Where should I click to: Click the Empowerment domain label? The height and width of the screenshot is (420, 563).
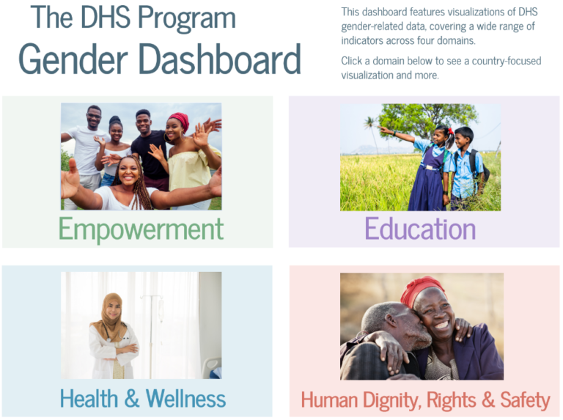coord(141,229)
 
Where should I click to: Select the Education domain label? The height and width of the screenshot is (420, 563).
coord(420,229)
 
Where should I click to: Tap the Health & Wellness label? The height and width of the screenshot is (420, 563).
coord(143,399)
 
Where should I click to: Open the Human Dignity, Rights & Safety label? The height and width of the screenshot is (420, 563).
coord(425,400)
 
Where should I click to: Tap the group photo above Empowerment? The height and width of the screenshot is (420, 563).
coord(141,156)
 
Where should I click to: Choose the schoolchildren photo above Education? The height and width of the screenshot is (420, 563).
coord(420,157)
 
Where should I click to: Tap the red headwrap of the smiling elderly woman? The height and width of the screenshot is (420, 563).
coord(422,287)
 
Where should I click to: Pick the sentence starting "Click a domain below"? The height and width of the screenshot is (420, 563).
coord(441,67)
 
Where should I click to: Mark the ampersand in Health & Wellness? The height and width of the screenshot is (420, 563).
coord(132,399)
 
